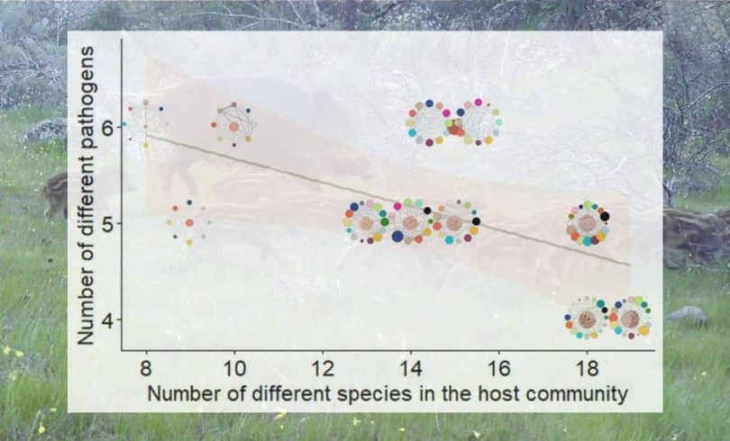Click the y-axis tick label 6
pyautogui.click(x=108, y=127)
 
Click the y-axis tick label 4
pyautogui.click(x=108, y=320)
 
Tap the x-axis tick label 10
pyautogui.click(x=234, y=369)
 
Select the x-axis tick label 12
pyautogui.click(x=323, y=369)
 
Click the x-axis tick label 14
pyautogui.click(x=410, y=369)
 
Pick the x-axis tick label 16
pyautogui.click(x=498, y=369)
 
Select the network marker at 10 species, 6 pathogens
pyautogui.click(x=234, y=126)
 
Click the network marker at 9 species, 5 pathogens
pyautogui.click(x=189, y=222)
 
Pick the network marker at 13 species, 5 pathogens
pyautogui.click(x=367, y=222)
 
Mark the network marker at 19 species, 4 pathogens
pyautogui.click(x=630, y=319)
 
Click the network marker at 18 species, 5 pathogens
pyautogui.click(x=587, y=222)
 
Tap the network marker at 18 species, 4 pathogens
pyautogui.click(x=587, y=319)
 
